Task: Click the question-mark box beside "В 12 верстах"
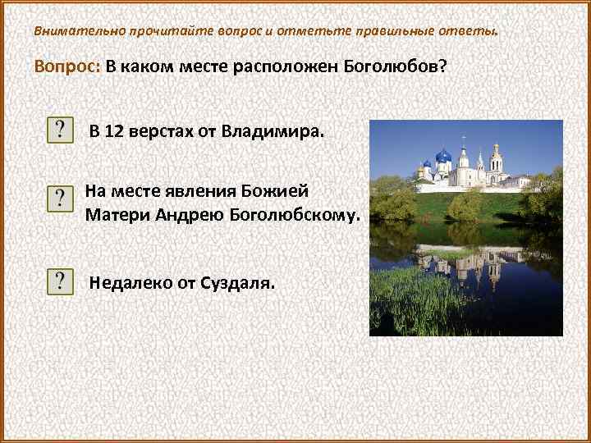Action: pos(60,130)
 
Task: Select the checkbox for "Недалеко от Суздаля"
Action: pos(60,281)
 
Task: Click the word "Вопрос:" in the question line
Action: pos(67,67)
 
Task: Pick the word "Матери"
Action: pos(115,215)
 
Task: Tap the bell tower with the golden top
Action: pos(496,156)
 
